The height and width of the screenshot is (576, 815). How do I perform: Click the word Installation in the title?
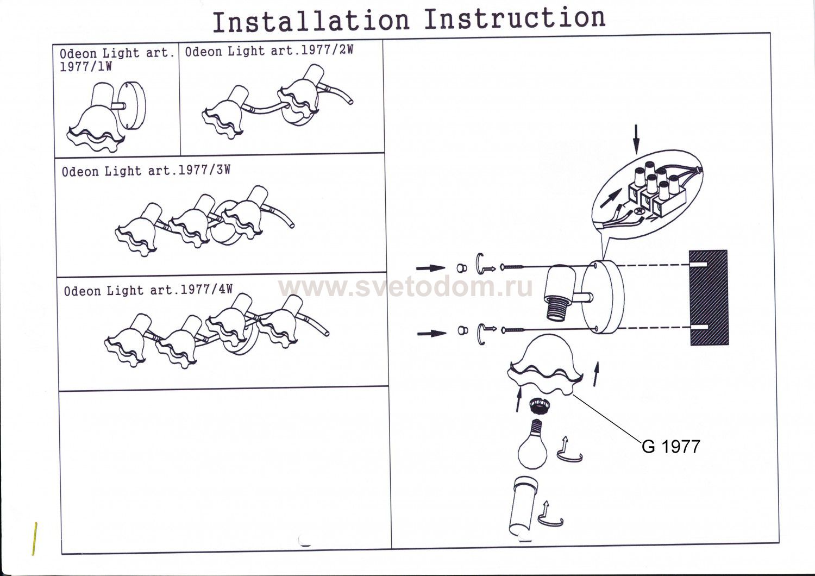[311, 21]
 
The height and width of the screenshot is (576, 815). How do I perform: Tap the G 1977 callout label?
[671, 447]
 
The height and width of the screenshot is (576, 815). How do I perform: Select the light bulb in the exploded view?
[532, 443]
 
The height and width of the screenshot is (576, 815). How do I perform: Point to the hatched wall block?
[709, 298]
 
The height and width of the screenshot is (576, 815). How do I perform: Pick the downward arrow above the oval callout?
[636, 139]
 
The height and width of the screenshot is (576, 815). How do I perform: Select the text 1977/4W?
[206, 289]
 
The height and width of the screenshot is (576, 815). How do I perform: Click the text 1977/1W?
[86, 67]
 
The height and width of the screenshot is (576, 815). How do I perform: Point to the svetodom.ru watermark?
[406, 287]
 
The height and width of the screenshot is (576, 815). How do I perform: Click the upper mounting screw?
[512, 267]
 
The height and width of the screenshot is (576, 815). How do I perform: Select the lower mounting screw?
[513, 330]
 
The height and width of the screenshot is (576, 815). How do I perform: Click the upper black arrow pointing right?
[430, 268]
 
